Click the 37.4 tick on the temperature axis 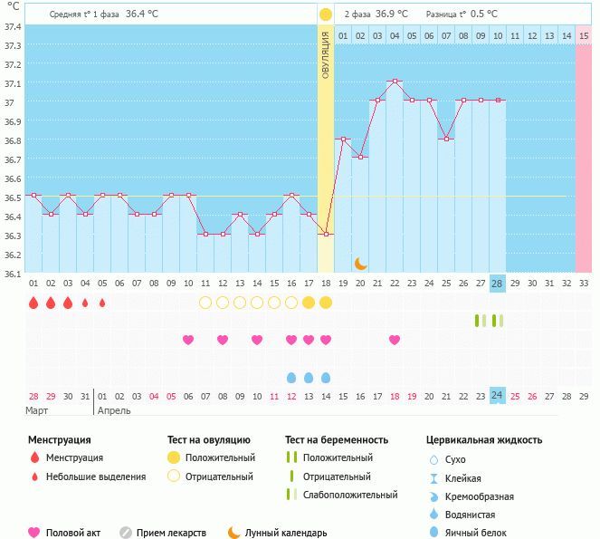click(x=13, y=26)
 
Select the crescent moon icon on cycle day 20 click(x=360, y=263)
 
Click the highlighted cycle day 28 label click(x=497, y=283)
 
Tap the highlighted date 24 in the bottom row click(x=497, y=396)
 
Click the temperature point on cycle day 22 click(x=395, y=82)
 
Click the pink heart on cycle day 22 click(x=395, y=340)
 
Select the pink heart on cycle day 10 click(x=188, y=340)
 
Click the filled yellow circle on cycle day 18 click(x=326, y=303)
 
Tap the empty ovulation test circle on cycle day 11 click(x=205, y=303)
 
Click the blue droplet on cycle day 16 click(x=291, y=377)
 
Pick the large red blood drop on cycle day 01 click(x=33, y=303)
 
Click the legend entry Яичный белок click(x=482, y=533)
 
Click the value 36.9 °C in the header click(x=386, y=14)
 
